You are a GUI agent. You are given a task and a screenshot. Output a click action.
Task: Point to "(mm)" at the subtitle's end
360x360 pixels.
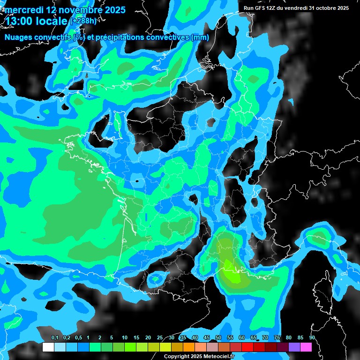200,37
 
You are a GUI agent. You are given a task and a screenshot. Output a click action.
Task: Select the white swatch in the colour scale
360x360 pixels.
48,347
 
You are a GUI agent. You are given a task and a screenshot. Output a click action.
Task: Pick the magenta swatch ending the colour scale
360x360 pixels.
306,347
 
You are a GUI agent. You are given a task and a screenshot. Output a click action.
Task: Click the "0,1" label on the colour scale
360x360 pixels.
54,338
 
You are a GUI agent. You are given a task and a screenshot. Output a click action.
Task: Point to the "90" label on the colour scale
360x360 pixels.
312,338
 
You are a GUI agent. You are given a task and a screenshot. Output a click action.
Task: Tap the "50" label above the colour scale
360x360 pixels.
218,338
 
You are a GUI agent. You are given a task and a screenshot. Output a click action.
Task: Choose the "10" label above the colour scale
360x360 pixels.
125,338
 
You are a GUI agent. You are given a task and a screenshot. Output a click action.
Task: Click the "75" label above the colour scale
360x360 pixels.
277,338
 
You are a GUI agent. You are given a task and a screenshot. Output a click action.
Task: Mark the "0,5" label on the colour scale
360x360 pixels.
78,338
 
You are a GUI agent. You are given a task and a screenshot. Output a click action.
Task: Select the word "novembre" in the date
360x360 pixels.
75,9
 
